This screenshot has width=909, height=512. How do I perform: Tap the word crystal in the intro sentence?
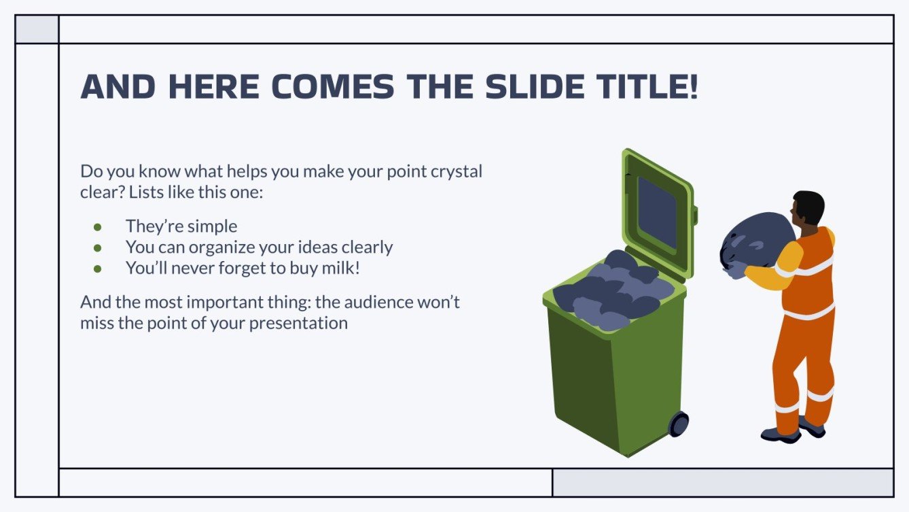[456, 171]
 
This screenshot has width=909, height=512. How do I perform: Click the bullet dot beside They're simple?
[97, 226]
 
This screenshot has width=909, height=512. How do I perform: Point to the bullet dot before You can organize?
[97, 248]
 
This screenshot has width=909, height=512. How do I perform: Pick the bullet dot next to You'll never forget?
[97, 269]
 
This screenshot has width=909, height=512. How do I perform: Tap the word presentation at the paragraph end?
[298, 322]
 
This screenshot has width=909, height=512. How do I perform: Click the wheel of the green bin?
[679, 424]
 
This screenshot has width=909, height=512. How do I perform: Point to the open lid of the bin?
[657, 211]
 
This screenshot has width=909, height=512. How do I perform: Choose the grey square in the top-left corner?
[37, 29]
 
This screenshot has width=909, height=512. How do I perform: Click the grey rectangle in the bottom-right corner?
[722, 482]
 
